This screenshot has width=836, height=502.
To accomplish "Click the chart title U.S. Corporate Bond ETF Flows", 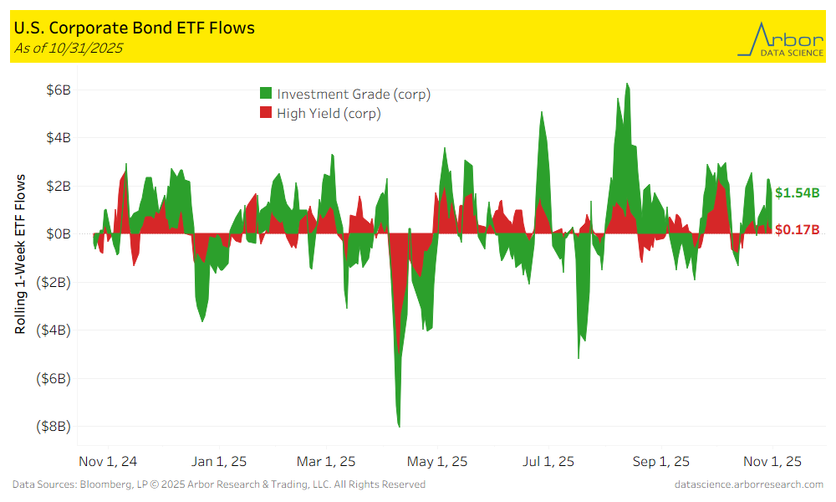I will [135, 28].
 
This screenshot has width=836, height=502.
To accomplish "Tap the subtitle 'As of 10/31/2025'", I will [69, 48].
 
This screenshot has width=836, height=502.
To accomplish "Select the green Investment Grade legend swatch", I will [266, 94].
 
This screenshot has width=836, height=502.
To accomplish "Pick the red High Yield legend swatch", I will [266, 113].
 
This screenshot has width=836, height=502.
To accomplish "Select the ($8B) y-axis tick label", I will [54, 426].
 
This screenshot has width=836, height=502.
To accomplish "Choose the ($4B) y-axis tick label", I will [54, 330].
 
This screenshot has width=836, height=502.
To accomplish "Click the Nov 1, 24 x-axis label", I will [108, 461].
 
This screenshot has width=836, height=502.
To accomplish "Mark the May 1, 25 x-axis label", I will [437, 461].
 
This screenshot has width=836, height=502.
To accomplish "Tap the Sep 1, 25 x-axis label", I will [660, 461].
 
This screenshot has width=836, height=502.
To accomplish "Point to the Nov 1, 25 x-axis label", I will [772, 461].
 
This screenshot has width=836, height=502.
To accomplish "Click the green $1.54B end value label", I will [797, 192].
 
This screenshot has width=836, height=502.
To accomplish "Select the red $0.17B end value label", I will [797, 229].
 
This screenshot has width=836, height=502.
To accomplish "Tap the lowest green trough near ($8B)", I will [400, 424].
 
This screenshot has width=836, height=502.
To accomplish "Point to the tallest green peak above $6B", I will [627, 85].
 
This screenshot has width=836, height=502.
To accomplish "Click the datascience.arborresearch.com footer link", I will [748, 484].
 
